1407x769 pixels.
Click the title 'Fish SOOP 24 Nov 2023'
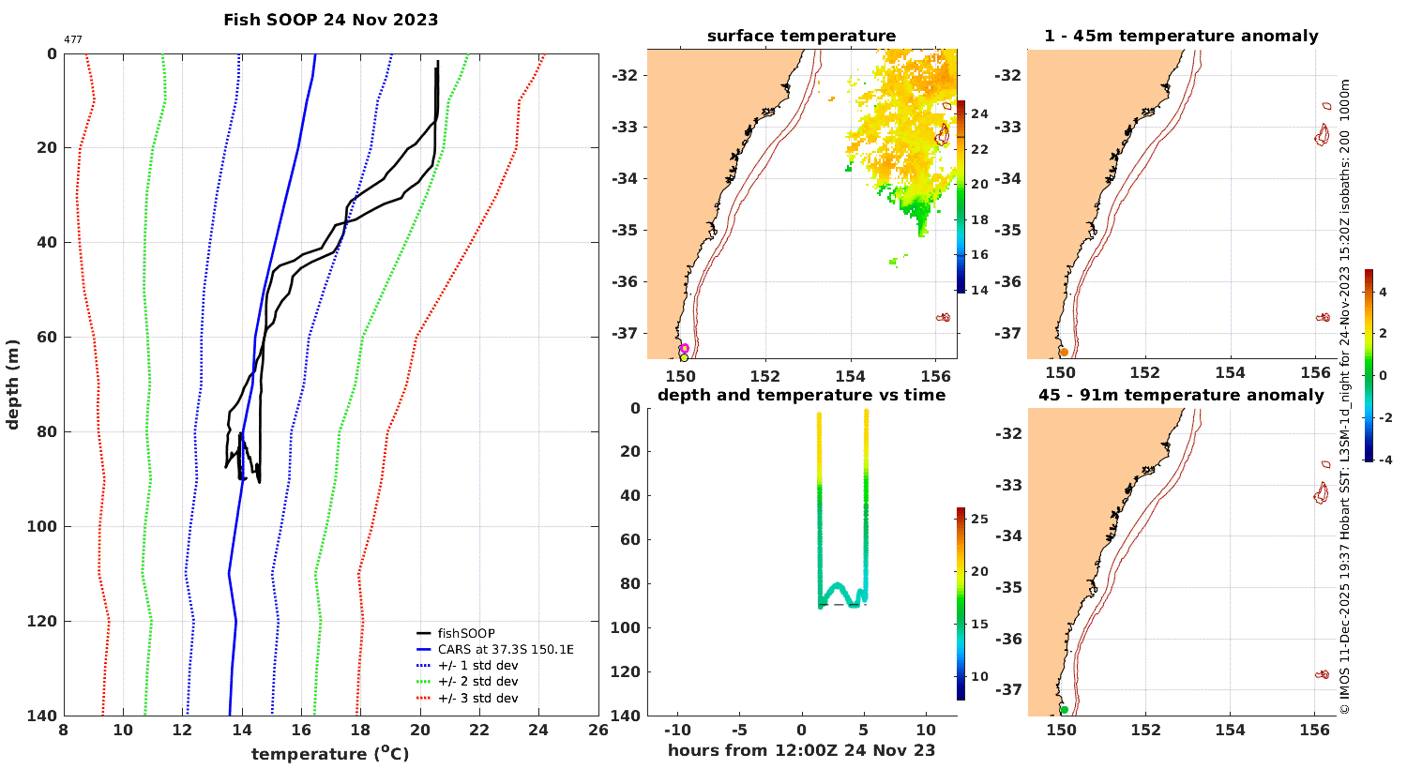(x=330, y=20)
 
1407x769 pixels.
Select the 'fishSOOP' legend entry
(x=466, y=633)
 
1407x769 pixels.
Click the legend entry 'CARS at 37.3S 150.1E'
(x=506, y=649)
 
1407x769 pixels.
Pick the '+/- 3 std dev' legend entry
(x=477, y=698)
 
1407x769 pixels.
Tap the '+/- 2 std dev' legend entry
(x=477, y=682)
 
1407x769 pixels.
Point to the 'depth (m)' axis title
(x=12, y=384)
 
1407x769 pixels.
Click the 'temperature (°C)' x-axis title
(x=330, y=754)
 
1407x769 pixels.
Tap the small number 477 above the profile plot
(x=72, y=39)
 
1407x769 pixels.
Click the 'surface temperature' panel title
(x=801, y=37)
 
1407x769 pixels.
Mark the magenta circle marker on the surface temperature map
(x=684, y=349)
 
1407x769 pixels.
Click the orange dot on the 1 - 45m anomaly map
(x=1064, y=352)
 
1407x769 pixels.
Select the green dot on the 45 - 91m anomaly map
(x=1064, y=710)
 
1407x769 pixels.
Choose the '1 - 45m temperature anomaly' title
(x=1181, y=37)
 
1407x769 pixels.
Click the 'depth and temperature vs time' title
(x=801, y=395)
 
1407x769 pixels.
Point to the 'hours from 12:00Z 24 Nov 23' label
(x=801, y=750)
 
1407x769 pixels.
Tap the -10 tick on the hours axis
(x=677, y=731)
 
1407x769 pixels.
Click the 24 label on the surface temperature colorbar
(x=979, y=114)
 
